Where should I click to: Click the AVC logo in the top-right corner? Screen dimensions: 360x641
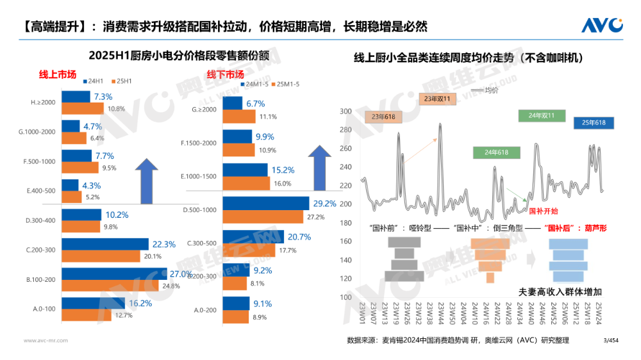[x=602, y=25]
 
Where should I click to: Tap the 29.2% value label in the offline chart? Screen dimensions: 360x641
[x=324, y=204]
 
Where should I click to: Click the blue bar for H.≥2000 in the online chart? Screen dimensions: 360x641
[x=76, y=97]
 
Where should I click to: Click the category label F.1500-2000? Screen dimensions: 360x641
[x=199, y=143]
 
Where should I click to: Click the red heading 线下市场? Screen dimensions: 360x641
[x=225, y=74]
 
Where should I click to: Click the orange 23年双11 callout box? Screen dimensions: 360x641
[x=437, y=99]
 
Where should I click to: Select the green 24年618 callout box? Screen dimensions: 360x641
[x=491, y=152]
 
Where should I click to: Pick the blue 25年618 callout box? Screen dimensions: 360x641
[x=594, y=122]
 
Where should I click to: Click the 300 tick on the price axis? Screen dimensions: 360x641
[x=345, y=111]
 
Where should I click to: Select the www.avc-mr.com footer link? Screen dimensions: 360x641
[x=46, y=340]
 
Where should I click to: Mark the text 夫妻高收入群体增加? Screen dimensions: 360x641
[x=560, y=291]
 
